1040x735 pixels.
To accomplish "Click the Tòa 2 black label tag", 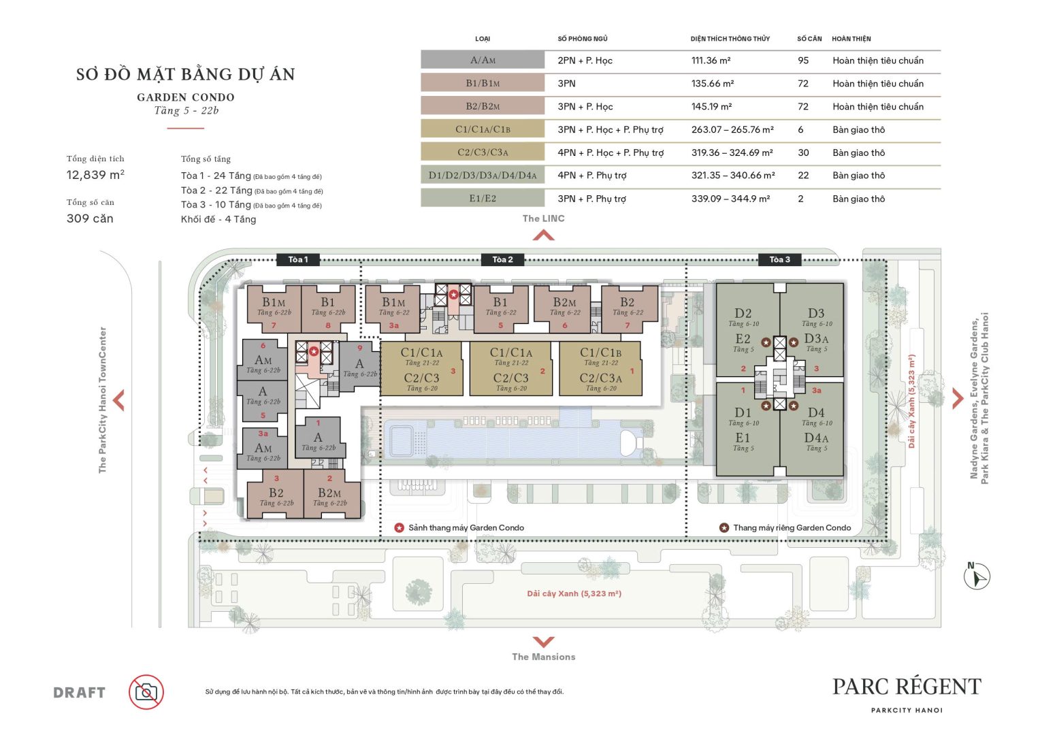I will (x=502, y=259).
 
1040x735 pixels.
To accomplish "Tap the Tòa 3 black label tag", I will (x=779, y=259).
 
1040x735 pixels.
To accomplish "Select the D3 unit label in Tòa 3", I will (x=815, y=314).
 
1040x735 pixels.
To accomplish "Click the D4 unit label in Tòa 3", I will (x=815, y=412).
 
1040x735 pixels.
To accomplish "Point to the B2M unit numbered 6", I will (x=564, y=308).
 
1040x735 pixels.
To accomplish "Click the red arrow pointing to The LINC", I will (x=543, y=235).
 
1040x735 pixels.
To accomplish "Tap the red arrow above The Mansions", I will (x=543, y=642).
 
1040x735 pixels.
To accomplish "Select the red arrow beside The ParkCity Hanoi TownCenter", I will (x=119, y=400).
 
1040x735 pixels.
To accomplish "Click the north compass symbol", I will (x=977, y=576).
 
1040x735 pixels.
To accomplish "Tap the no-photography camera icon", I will (x=146, y=692).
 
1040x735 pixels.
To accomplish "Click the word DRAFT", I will (x=80, y=693).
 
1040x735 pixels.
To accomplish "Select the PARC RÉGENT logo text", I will (x=907, y=687).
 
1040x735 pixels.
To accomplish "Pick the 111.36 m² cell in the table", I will (x=711, y=61).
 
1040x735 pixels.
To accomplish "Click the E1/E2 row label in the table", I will (x=483, y=199).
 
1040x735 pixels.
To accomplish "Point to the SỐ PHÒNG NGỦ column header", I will (x=582, y=39).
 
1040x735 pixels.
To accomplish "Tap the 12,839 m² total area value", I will (x=95, y=175).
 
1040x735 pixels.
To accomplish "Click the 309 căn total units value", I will (x=90, y=218).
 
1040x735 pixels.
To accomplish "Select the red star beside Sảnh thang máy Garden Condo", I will (x=400, y=527).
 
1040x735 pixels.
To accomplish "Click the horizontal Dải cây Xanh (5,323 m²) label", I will (x=574, y=593).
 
